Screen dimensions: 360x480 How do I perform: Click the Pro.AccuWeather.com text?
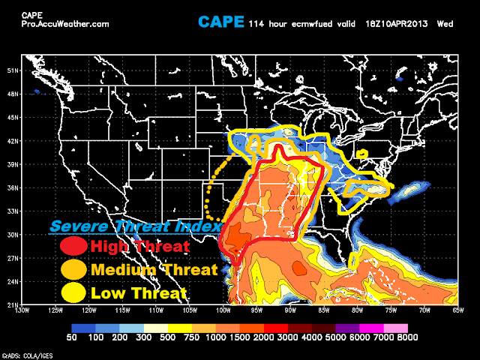64,24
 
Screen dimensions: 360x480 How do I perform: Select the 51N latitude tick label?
11,71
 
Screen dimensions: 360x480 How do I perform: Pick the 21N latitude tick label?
11,304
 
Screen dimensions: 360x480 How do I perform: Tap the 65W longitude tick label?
457,310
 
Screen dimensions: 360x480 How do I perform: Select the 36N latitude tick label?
11,187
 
